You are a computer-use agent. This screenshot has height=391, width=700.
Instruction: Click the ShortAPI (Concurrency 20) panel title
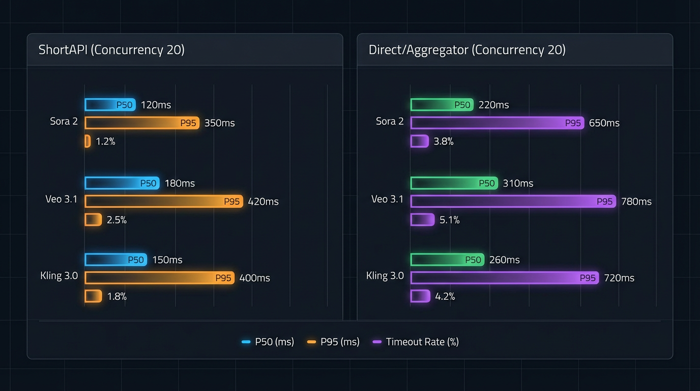coord(111,50)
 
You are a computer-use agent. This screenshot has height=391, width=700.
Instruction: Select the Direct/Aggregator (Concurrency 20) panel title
coord(467,50)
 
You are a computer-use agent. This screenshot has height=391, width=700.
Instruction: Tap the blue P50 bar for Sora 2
coord(110,105)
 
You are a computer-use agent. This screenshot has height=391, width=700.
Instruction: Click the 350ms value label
coord(219,123)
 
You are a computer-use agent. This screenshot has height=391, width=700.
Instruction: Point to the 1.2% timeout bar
coord(87,142)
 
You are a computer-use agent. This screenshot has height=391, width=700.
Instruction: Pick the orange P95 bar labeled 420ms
coord(164,202)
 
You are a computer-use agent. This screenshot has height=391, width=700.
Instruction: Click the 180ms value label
coord(180,183)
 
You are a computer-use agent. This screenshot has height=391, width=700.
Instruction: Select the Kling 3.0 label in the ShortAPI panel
coord(59,276)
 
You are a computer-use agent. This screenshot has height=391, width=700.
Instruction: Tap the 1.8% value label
coord(116,296)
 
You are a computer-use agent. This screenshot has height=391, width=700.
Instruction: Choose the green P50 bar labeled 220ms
coord(442,105)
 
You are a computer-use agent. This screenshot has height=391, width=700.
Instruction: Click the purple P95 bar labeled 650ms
coord(498,123)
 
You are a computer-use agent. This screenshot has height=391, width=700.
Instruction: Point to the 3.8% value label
coord(443,142)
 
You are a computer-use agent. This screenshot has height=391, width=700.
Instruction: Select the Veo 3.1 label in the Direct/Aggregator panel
coord(387,199)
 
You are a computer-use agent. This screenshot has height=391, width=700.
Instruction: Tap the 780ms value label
coord(636,202)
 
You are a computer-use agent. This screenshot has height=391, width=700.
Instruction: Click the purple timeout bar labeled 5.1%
coord(422,220)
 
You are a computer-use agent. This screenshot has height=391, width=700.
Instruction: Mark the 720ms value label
coord(619,278)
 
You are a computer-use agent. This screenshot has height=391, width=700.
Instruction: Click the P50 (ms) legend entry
coord(268,342)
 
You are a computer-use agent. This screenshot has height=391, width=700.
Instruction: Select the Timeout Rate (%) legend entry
coord(416,342)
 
